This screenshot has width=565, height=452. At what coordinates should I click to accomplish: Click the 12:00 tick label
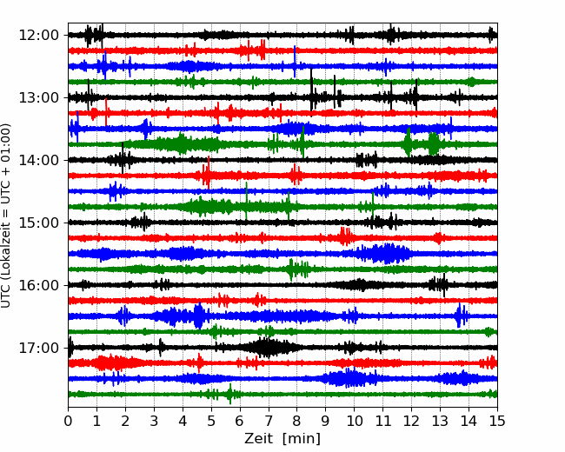pyautogui.click(x=39, y=36)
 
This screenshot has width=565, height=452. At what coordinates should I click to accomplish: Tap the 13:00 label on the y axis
pyautogui.click(x=39, y=97)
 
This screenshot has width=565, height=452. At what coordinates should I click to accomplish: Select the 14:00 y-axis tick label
pyautogui.click(x=39, y=160)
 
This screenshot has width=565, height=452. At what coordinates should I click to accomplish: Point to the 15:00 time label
pyautogui.click(x=39, y=223)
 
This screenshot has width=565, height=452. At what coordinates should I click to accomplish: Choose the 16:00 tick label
pyautogui.click(x=39, y=285)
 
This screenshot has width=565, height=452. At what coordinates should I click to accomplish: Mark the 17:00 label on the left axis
pyautogui.click(x=39, y=348)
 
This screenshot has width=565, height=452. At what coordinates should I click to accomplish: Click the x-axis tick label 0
pyautogui.click(x=68, y=421)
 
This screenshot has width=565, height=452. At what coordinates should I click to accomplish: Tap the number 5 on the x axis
pyautogui.click(x=211, y=421)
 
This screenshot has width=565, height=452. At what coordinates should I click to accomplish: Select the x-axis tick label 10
pyautogui.click(x=354, y=421)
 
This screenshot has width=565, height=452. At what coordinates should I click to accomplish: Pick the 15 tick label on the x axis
pyautogui.click(x=497, y=421)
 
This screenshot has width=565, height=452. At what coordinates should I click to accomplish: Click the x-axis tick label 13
pyautogui.click(x=440, y=421)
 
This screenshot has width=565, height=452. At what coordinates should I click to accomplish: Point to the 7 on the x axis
pyautogui.click(x=269, y=421)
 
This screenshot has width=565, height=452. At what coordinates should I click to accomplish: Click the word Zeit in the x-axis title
pyautogui.click(x=258, y=438)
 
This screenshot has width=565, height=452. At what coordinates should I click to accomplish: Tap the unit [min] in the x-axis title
pyautogui.click(x=302, y=439)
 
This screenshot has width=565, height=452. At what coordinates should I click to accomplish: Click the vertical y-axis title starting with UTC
pyautogui.click(x=6, y=216)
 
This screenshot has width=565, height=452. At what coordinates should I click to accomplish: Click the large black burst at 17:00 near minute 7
pyautogui.click(x=269, y=348)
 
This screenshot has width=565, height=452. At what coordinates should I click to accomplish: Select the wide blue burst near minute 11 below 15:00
pyautogui.click(x=383, y=254)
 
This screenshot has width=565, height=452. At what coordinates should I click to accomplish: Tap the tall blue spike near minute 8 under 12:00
pyautogui.click(x=295, y=61)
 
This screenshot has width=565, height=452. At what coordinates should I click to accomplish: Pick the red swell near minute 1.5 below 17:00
pyautogui.click(x=115, y=362)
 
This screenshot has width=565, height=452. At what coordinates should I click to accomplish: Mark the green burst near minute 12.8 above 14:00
pyautogui.click(x=434, y=143)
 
